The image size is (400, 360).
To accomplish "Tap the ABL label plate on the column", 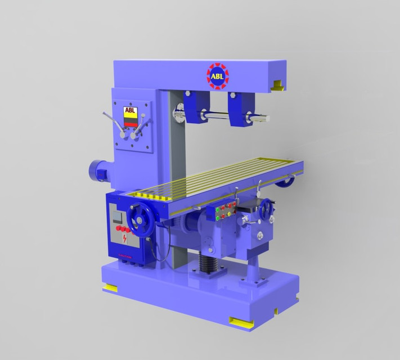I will [130, 112].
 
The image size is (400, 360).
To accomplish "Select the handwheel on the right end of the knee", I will [265, 210].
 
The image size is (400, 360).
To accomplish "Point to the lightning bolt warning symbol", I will [124, 240].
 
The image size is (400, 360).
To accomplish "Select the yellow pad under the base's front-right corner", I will [240, 322].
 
